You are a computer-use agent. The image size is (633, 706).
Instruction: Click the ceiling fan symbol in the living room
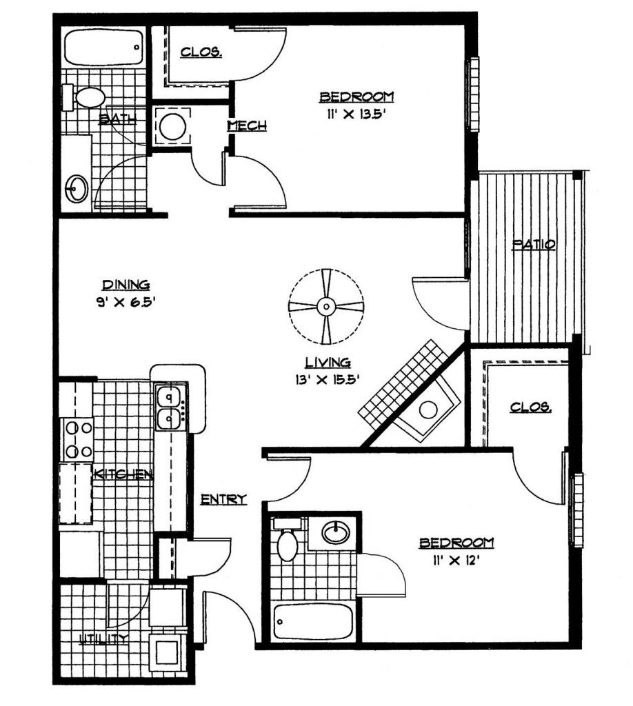point(326,307)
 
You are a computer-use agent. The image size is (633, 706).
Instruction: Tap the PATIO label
point(534,245)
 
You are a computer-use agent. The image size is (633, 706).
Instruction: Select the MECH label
point(247,125)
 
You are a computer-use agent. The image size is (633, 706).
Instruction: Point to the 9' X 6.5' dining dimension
point(125,302)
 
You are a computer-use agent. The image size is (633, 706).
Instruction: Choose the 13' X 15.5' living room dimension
point(327,380)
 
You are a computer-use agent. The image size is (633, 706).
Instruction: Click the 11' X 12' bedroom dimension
point(456,561)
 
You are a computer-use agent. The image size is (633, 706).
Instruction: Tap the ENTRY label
point(223,499)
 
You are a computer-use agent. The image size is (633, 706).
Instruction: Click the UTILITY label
point(103,638)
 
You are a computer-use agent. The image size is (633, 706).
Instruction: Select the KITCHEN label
point(123,474)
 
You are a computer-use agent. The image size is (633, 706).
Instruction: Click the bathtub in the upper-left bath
point(103,47)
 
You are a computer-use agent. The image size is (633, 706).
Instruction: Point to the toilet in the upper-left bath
point(83,97)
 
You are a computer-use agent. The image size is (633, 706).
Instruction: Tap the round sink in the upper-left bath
point(77,189)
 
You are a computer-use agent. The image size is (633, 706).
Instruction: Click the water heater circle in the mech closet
point(173,126)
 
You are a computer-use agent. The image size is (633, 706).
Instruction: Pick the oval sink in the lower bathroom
point(335,532)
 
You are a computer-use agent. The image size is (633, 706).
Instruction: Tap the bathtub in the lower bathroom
point(314,622)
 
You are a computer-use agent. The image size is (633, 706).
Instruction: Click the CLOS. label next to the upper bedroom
point(201,52)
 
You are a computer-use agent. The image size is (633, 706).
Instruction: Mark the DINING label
point(126,285)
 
